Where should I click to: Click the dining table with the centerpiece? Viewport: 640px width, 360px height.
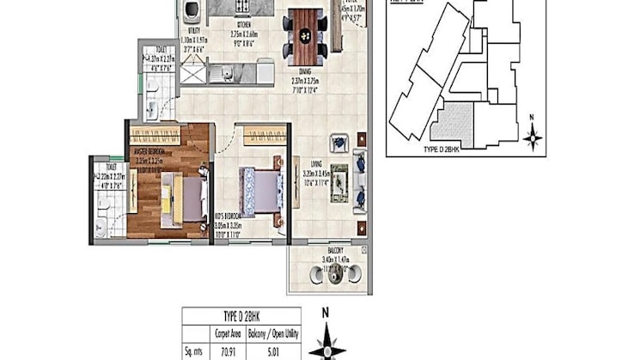tap(304, 34)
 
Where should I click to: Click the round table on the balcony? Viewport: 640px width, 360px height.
tap(330, 277)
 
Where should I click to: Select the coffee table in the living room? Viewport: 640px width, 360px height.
tap(339, 183)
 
